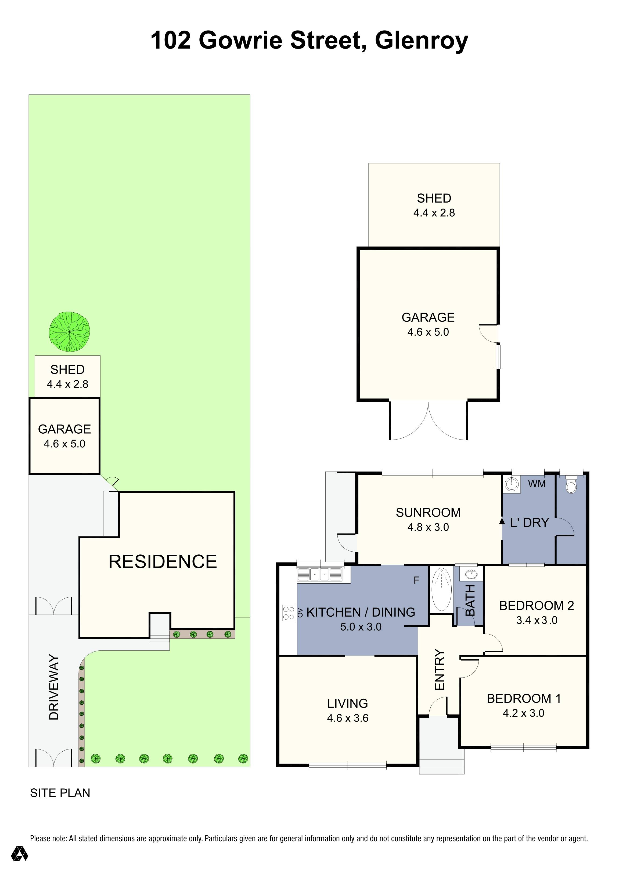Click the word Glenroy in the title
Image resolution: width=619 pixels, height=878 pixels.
coord(421,41)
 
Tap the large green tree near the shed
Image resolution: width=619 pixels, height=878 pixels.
coord(69,332)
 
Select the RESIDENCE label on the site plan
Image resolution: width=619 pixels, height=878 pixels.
coord(163,562)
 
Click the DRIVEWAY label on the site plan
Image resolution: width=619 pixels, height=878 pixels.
coord(54,687)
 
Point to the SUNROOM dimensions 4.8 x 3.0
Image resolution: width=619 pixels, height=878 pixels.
coord(428,527)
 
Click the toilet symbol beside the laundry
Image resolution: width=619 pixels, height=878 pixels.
coord(571,485)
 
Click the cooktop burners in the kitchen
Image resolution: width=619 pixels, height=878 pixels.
coord(288,613)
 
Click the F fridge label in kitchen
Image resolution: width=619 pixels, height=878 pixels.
coord(416,580)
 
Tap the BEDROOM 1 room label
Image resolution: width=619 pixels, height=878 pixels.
coord(523,699)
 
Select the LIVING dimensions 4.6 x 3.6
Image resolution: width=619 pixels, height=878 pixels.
coord(348,718)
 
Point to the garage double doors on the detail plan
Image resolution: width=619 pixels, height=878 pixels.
coord(428,421)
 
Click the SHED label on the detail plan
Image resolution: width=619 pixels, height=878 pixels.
coord(434,199)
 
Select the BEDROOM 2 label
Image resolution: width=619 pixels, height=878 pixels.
coord(536,606)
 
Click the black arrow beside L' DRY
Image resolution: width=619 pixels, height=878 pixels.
coord(502,521)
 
